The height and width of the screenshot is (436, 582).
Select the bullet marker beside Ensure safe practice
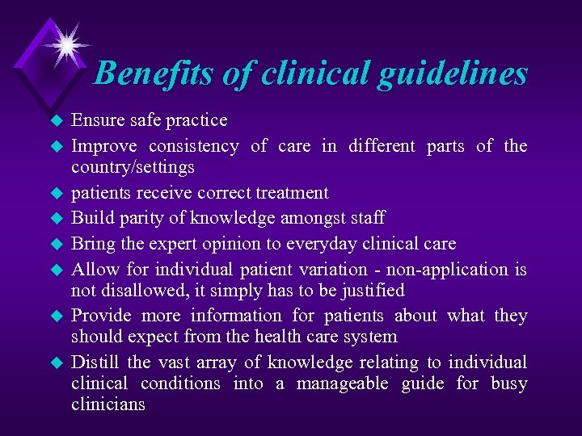(56, 122)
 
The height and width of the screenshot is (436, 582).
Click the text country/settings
(133, 168)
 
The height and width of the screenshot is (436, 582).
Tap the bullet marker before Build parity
(56, 219)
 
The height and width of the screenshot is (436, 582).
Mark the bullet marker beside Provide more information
(56, 317)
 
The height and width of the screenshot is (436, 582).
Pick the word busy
(508, 384)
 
